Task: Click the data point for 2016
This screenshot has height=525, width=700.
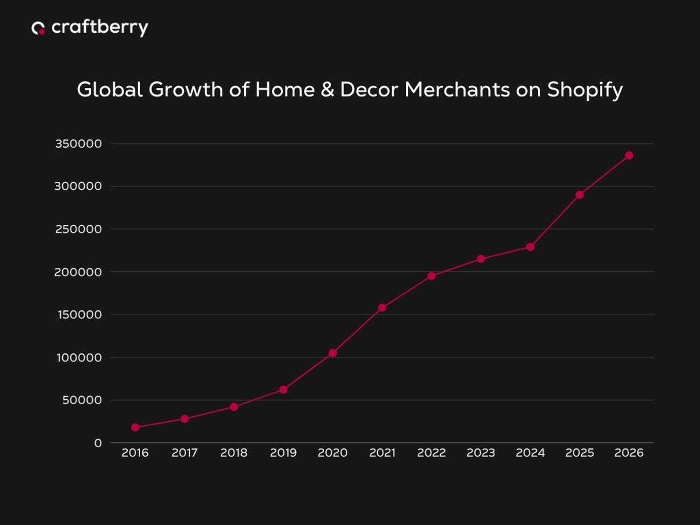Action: tap(135, 427)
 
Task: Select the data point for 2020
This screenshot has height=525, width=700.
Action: tap(333, 353)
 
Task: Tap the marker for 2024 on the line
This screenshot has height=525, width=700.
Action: tap(530, 247)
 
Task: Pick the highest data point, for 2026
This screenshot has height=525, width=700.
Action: tap(629, 155)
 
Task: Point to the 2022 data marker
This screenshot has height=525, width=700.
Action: tap(432, 276)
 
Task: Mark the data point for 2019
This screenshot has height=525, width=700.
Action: tap(283, 390)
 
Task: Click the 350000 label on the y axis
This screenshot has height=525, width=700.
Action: tap(78, 143)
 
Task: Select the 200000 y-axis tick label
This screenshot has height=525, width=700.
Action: tap(78, 272)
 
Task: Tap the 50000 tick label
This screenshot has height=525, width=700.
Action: tap(82, 400)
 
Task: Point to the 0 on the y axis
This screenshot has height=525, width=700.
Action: tap(98, 443)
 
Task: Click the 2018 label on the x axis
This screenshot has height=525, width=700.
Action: tap(234, 453)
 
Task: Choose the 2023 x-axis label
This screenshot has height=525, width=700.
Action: tap(481, 453)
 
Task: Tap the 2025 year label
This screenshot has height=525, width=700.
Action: tap(580, 453)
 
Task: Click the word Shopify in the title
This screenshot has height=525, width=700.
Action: tap(584, 90)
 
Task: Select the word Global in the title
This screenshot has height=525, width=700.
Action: tap(110, 90)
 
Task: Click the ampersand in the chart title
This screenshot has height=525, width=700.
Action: tap(327, 90)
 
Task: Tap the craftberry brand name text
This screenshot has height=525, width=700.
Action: tap(100, 28)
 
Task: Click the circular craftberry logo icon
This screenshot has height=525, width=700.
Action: tap(38, 28)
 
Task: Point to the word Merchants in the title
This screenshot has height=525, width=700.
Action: tap(457, 90)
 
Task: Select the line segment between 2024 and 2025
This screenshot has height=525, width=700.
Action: tap(555, 221)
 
